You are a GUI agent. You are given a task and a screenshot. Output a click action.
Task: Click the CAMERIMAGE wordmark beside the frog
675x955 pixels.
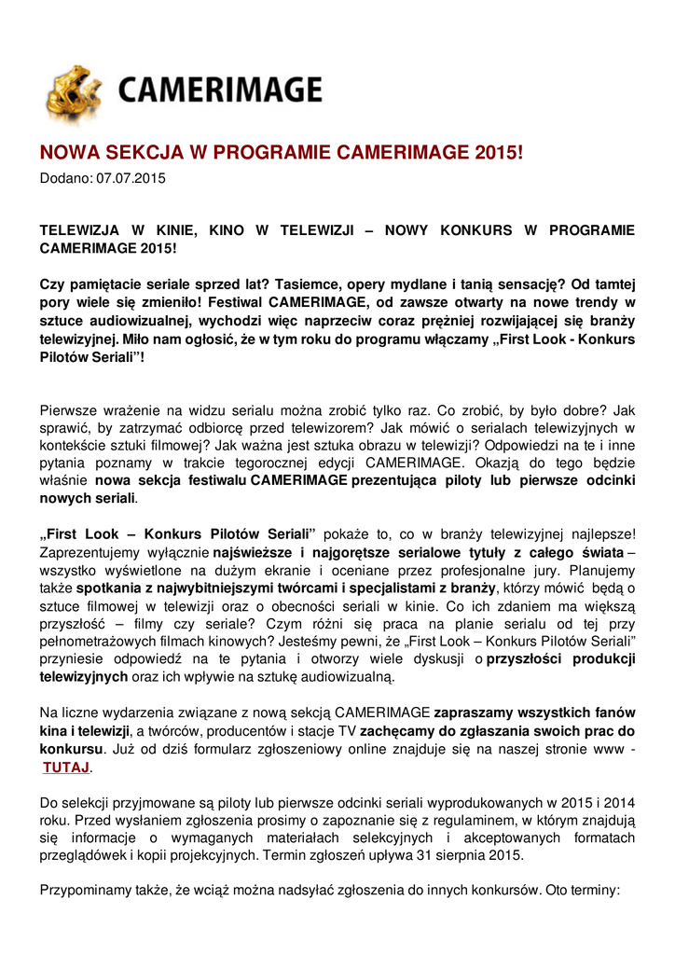tap(220, 91)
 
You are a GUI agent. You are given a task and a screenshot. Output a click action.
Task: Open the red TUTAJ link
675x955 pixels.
tap(65, 767)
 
